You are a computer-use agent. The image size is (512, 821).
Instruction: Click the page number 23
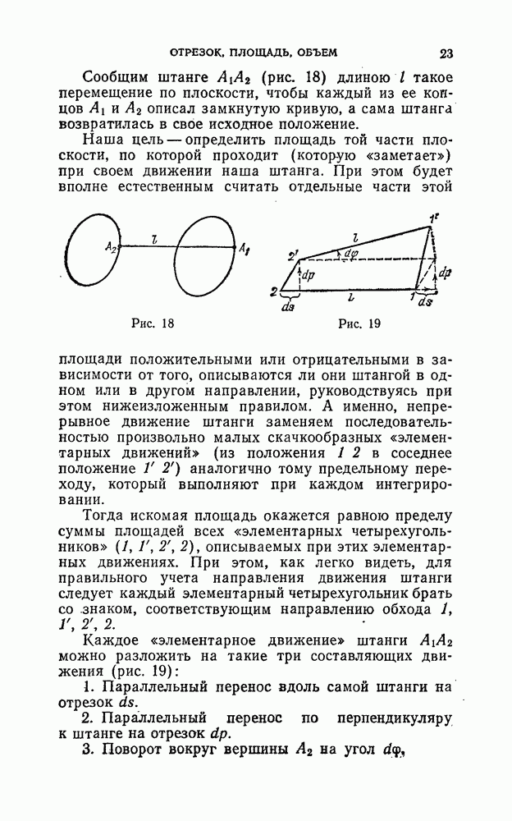coord(446,54)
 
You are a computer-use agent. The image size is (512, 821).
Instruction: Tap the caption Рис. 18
coord(153,323)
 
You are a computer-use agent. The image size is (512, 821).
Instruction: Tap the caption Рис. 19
coord(359,323)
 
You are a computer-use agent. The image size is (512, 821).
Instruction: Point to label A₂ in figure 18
coord(110,246)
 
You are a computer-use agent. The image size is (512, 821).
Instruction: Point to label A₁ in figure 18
coord(244,246)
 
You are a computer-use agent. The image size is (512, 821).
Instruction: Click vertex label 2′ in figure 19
coord(293,255)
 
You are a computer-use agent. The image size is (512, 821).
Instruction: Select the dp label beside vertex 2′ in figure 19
coord(309,275)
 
